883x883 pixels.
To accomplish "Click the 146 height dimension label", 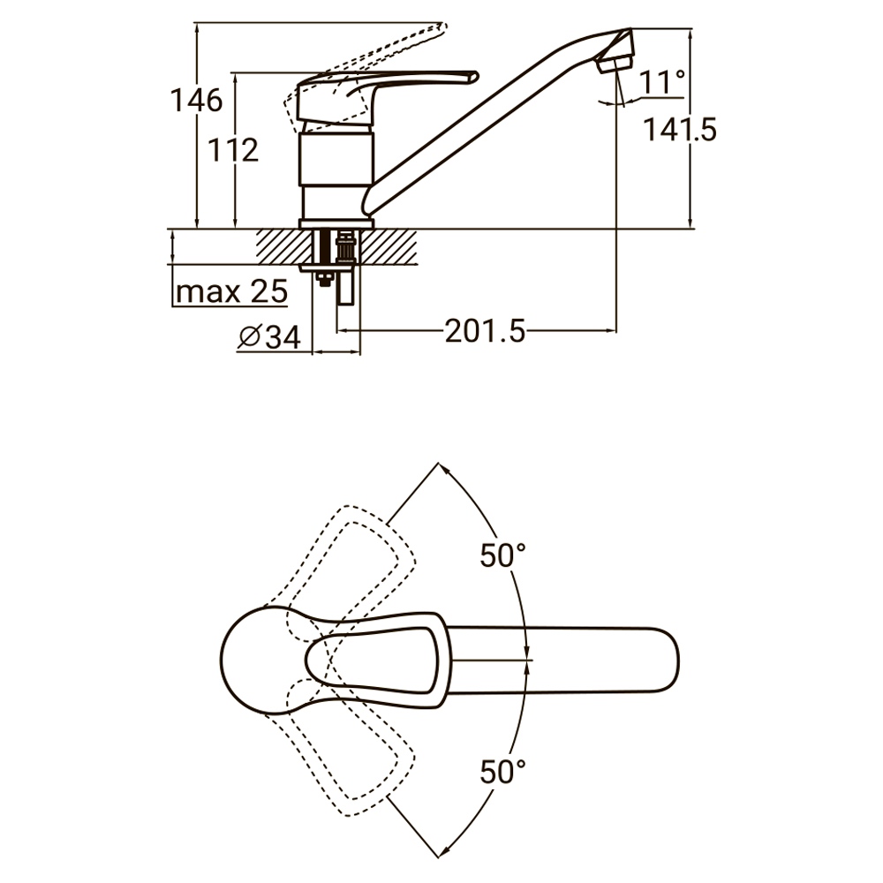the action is coord(197,101).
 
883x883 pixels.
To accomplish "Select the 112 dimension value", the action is coord(233,150).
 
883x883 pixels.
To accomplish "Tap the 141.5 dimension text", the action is coord(680,130).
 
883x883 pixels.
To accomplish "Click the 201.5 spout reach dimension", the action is coord(485,331).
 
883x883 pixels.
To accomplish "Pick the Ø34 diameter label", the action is coord(269,336).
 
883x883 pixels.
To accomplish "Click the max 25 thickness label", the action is coord(231,291).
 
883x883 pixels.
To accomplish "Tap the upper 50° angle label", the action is coord(503,555).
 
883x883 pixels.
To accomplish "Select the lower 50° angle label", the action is coord(503,771).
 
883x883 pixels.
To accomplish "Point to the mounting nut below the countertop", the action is coord(323,279).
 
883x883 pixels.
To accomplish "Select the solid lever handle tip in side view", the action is coord(474,77).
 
